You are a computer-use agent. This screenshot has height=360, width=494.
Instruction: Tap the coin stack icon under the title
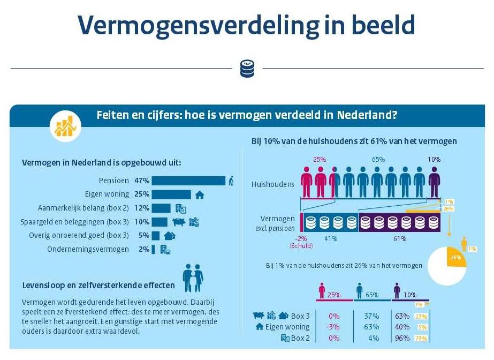247,68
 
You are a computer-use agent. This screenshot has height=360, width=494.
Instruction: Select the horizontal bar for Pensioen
188,181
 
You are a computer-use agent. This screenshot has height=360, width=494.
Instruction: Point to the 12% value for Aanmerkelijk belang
142,208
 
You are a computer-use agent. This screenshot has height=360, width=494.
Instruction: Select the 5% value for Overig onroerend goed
143,235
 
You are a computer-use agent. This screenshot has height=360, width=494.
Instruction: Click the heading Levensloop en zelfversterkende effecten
99,284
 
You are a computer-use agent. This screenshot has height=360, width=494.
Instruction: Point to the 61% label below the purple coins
399,238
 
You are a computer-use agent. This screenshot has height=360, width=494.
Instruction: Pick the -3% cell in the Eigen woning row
332,327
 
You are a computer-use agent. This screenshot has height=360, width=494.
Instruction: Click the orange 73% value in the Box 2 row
421,338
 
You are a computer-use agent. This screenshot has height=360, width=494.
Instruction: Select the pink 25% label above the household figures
319,160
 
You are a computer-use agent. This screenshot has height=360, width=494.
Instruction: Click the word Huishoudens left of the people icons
273,184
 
